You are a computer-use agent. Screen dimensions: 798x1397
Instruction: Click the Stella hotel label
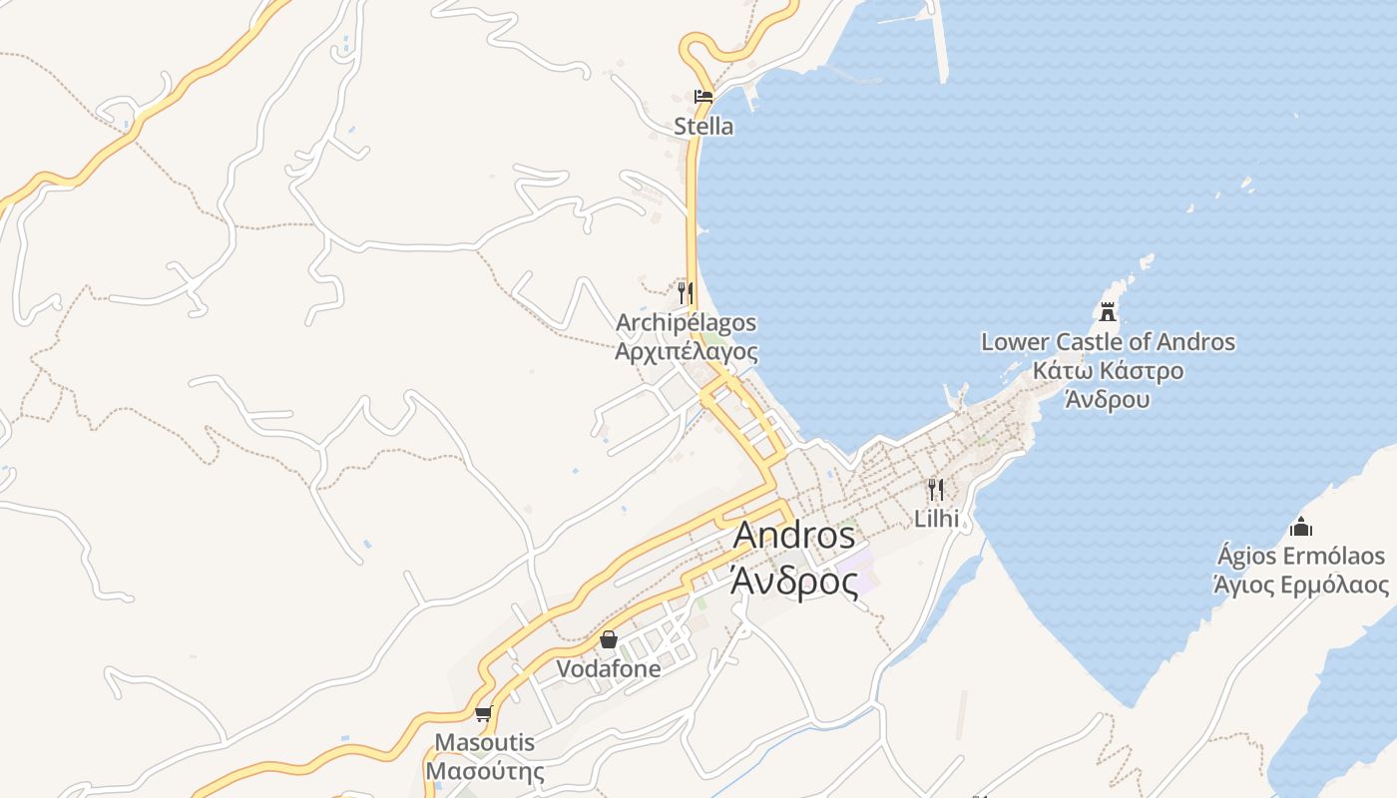coord(703,127)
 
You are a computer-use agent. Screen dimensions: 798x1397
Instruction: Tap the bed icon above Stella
coord(703,97)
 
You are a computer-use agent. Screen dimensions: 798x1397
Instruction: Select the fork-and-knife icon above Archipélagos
coord(685,292)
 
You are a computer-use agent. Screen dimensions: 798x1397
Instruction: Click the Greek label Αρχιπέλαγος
coord(686,351)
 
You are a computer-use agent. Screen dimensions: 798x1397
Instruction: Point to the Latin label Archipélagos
coord(686,323)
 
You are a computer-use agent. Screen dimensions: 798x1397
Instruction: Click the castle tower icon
coord(1108,312)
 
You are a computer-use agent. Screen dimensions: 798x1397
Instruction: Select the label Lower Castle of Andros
coord(1108,342)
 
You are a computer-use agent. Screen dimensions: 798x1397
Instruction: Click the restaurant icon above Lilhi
coord(935,489)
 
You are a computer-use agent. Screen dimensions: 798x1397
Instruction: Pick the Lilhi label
coord(936,519)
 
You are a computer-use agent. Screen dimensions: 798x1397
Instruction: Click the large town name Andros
coord(794,536)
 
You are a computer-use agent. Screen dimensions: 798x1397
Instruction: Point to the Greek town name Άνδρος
coord(794,580)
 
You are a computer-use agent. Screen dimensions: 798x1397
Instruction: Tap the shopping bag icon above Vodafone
coord(609,639)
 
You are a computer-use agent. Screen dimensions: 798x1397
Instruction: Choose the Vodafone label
coord(609,669)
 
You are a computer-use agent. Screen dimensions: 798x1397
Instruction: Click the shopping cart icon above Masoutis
coord(484,713)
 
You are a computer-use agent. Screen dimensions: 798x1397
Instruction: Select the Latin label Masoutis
coord(485,743)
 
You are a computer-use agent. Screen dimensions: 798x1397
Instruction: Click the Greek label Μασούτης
coord(485,771)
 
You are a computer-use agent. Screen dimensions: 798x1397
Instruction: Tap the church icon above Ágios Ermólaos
coord(1300,526)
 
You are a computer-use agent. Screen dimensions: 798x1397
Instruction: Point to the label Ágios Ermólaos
coord(1300,556)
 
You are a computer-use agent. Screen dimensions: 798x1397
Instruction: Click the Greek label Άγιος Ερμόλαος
coord(1300,584)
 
